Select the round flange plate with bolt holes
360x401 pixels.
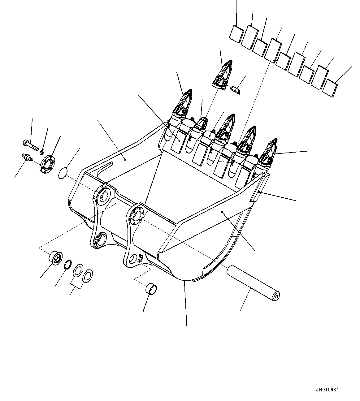click(47, 163)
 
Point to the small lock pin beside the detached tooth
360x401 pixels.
click(236, 90)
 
